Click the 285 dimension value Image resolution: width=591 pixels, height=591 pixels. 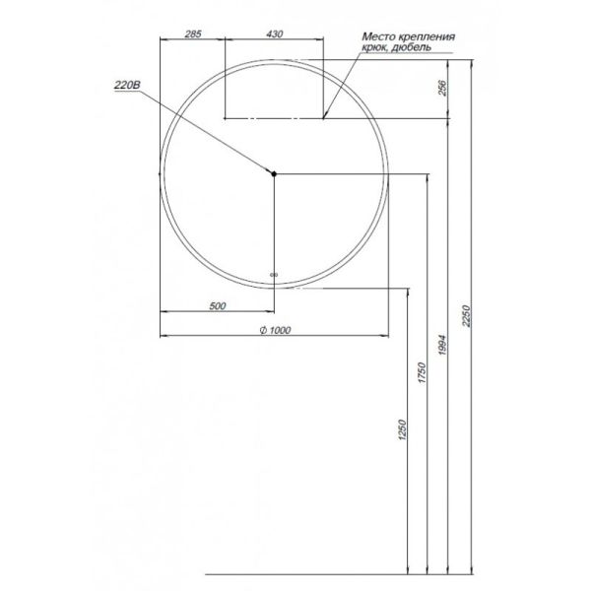point(193,35)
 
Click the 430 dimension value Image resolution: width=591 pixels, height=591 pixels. point(275,35)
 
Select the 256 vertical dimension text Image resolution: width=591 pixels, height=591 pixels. point(444,89)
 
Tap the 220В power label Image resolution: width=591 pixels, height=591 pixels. point(129,87)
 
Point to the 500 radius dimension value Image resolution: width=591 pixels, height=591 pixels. point(218,305)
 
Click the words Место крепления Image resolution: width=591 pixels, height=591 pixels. point(407,36)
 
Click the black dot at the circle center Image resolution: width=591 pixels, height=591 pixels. point(275,174)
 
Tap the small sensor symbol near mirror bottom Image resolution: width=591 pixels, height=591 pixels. point(275,275)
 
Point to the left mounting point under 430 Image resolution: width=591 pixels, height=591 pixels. point(227,118)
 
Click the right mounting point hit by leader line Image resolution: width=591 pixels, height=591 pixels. point(324,118)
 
